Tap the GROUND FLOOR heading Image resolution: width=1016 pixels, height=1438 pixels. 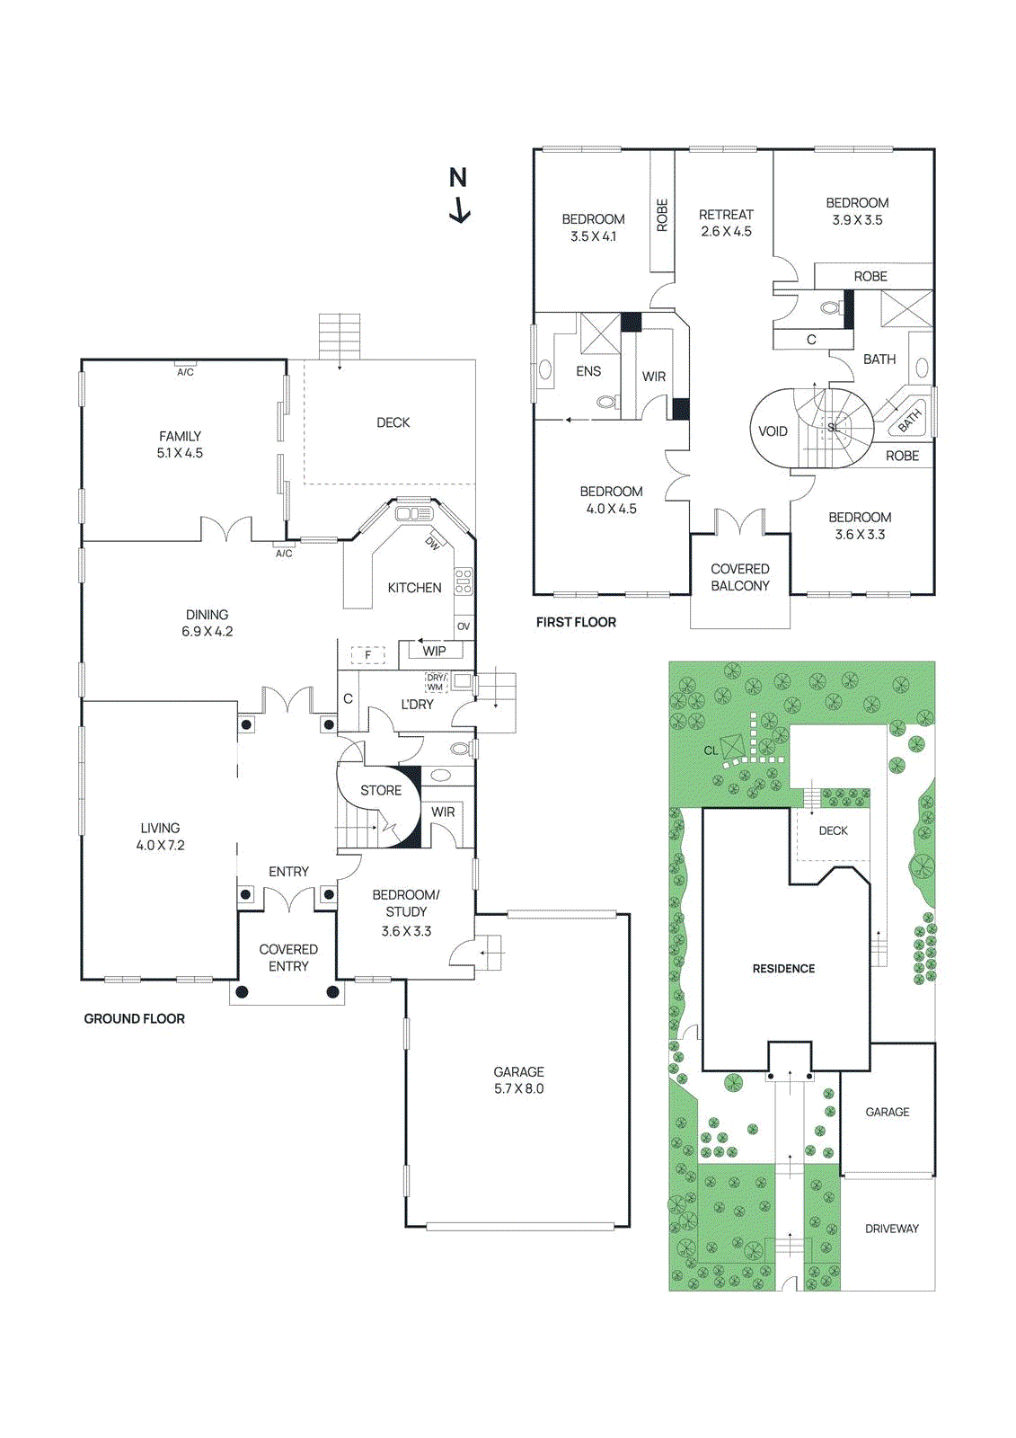[x=135, y=1018]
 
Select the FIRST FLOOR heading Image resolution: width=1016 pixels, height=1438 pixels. [x=576, y=622]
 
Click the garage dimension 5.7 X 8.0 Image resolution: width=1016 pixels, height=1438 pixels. [x=518, y=1088]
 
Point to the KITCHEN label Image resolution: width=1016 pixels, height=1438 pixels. [x=414, y=588]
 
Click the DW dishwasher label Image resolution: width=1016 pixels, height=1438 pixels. [x=433, y=543]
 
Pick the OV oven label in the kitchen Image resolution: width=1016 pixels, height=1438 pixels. [x=464, y=626]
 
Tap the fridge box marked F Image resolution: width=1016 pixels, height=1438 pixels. [x=367, y=655]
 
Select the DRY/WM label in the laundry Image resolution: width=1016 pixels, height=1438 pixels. [x=436, y=682]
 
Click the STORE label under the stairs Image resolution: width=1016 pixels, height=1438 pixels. [x=381, y=790]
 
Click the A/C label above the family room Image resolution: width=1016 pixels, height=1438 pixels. [x=185, y=372]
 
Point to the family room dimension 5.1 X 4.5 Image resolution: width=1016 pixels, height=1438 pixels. [x=180, y=453]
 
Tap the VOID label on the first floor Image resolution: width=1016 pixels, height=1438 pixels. [x=773, y=431]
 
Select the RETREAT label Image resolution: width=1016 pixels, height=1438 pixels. [x=726, y=215]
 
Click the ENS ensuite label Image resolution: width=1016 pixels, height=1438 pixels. [x=588, y=371]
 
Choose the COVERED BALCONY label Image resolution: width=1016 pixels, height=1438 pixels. [x=740, y=577]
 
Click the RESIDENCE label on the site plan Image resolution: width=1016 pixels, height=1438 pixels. [x=783, y=968]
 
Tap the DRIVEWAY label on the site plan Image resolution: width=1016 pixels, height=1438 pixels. [x=891, y=1229]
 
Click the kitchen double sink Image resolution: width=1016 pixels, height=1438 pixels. [x=414, y=513]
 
